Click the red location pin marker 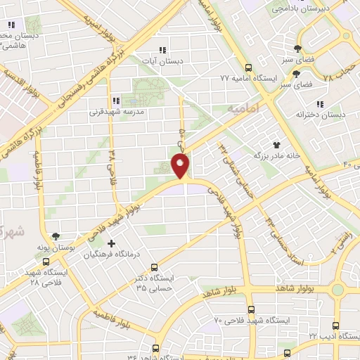tap(181, 166)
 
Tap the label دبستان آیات tap(162, 61)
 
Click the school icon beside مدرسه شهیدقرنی tap(116, 100)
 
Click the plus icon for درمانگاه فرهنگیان tap(111, 243)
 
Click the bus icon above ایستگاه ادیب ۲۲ tap(335, 326)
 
